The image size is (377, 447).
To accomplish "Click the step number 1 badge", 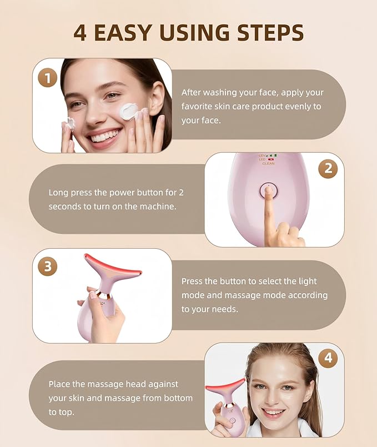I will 48,78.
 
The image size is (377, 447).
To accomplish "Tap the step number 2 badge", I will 328,168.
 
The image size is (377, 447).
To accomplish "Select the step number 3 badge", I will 48,266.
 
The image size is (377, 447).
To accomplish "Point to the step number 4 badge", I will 328,358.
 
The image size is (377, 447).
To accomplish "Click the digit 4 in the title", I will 81,33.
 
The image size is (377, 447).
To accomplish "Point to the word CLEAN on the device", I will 268,164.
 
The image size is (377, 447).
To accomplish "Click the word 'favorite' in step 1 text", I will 198,107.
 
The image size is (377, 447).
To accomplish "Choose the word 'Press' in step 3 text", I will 192,282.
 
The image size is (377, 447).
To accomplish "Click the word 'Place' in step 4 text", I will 59,384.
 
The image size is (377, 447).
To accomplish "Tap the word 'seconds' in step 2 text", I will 64,207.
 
